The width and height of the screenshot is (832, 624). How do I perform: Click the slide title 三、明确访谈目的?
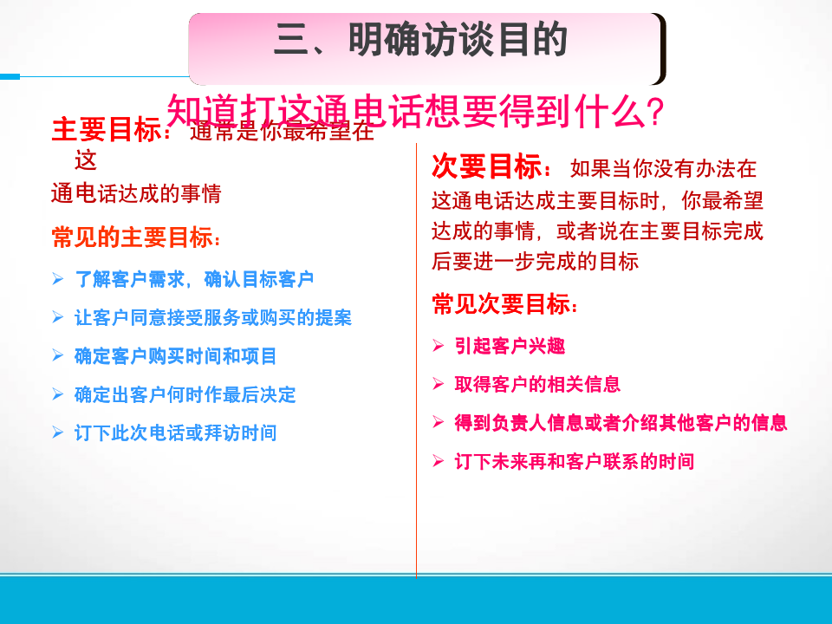[x=421, y=41]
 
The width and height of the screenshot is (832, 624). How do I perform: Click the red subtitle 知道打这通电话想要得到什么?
[x=414, y=111]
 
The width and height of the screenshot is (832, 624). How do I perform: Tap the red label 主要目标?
[x=107, y=130]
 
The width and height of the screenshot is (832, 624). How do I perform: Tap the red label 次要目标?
[x=486, y=166]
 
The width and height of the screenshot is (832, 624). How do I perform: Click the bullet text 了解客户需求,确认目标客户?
[x=194, y=279]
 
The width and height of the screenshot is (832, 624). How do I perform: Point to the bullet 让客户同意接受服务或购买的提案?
[x=213, y=317]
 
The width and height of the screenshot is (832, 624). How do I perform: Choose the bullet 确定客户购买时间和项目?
[x=176, y=355]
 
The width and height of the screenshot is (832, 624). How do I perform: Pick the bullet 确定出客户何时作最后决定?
[x=185, y=394]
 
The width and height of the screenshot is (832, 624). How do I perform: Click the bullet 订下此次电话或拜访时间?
[x=176, y=432]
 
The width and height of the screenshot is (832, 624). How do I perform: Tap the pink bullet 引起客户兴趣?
[x=510, y=346]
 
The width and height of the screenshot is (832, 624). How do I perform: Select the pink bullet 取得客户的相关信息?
[x=537, y=384]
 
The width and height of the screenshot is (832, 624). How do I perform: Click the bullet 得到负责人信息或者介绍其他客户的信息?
[x=621, y=423]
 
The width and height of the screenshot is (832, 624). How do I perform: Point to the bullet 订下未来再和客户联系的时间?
[x=575, y=461]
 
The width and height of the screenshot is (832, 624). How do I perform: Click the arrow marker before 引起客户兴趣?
[x=439, y=346]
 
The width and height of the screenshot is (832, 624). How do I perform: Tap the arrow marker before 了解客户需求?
[x=58, y=279]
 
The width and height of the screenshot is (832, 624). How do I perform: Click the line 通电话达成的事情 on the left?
[x=136, y=193]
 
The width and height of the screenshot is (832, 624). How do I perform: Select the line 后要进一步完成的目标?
[x=535, y=261]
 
